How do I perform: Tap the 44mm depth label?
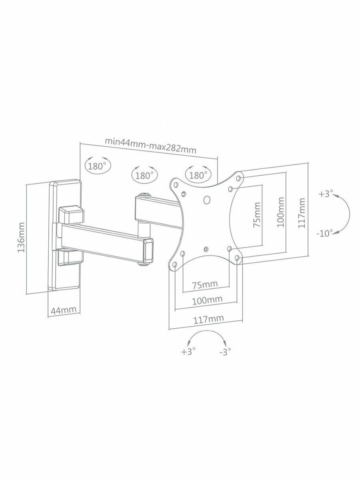64,309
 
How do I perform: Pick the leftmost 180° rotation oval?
97,166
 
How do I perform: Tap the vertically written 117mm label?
303,213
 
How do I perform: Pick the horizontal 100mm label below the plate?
207,300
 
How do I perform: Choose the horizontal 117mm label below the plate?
208,319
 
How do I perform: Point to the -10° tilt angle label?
326,234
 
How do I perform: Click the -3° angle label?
225,352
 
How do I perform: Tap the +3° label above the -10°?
326,194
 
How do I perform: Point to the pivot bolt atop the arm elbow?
143,197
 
